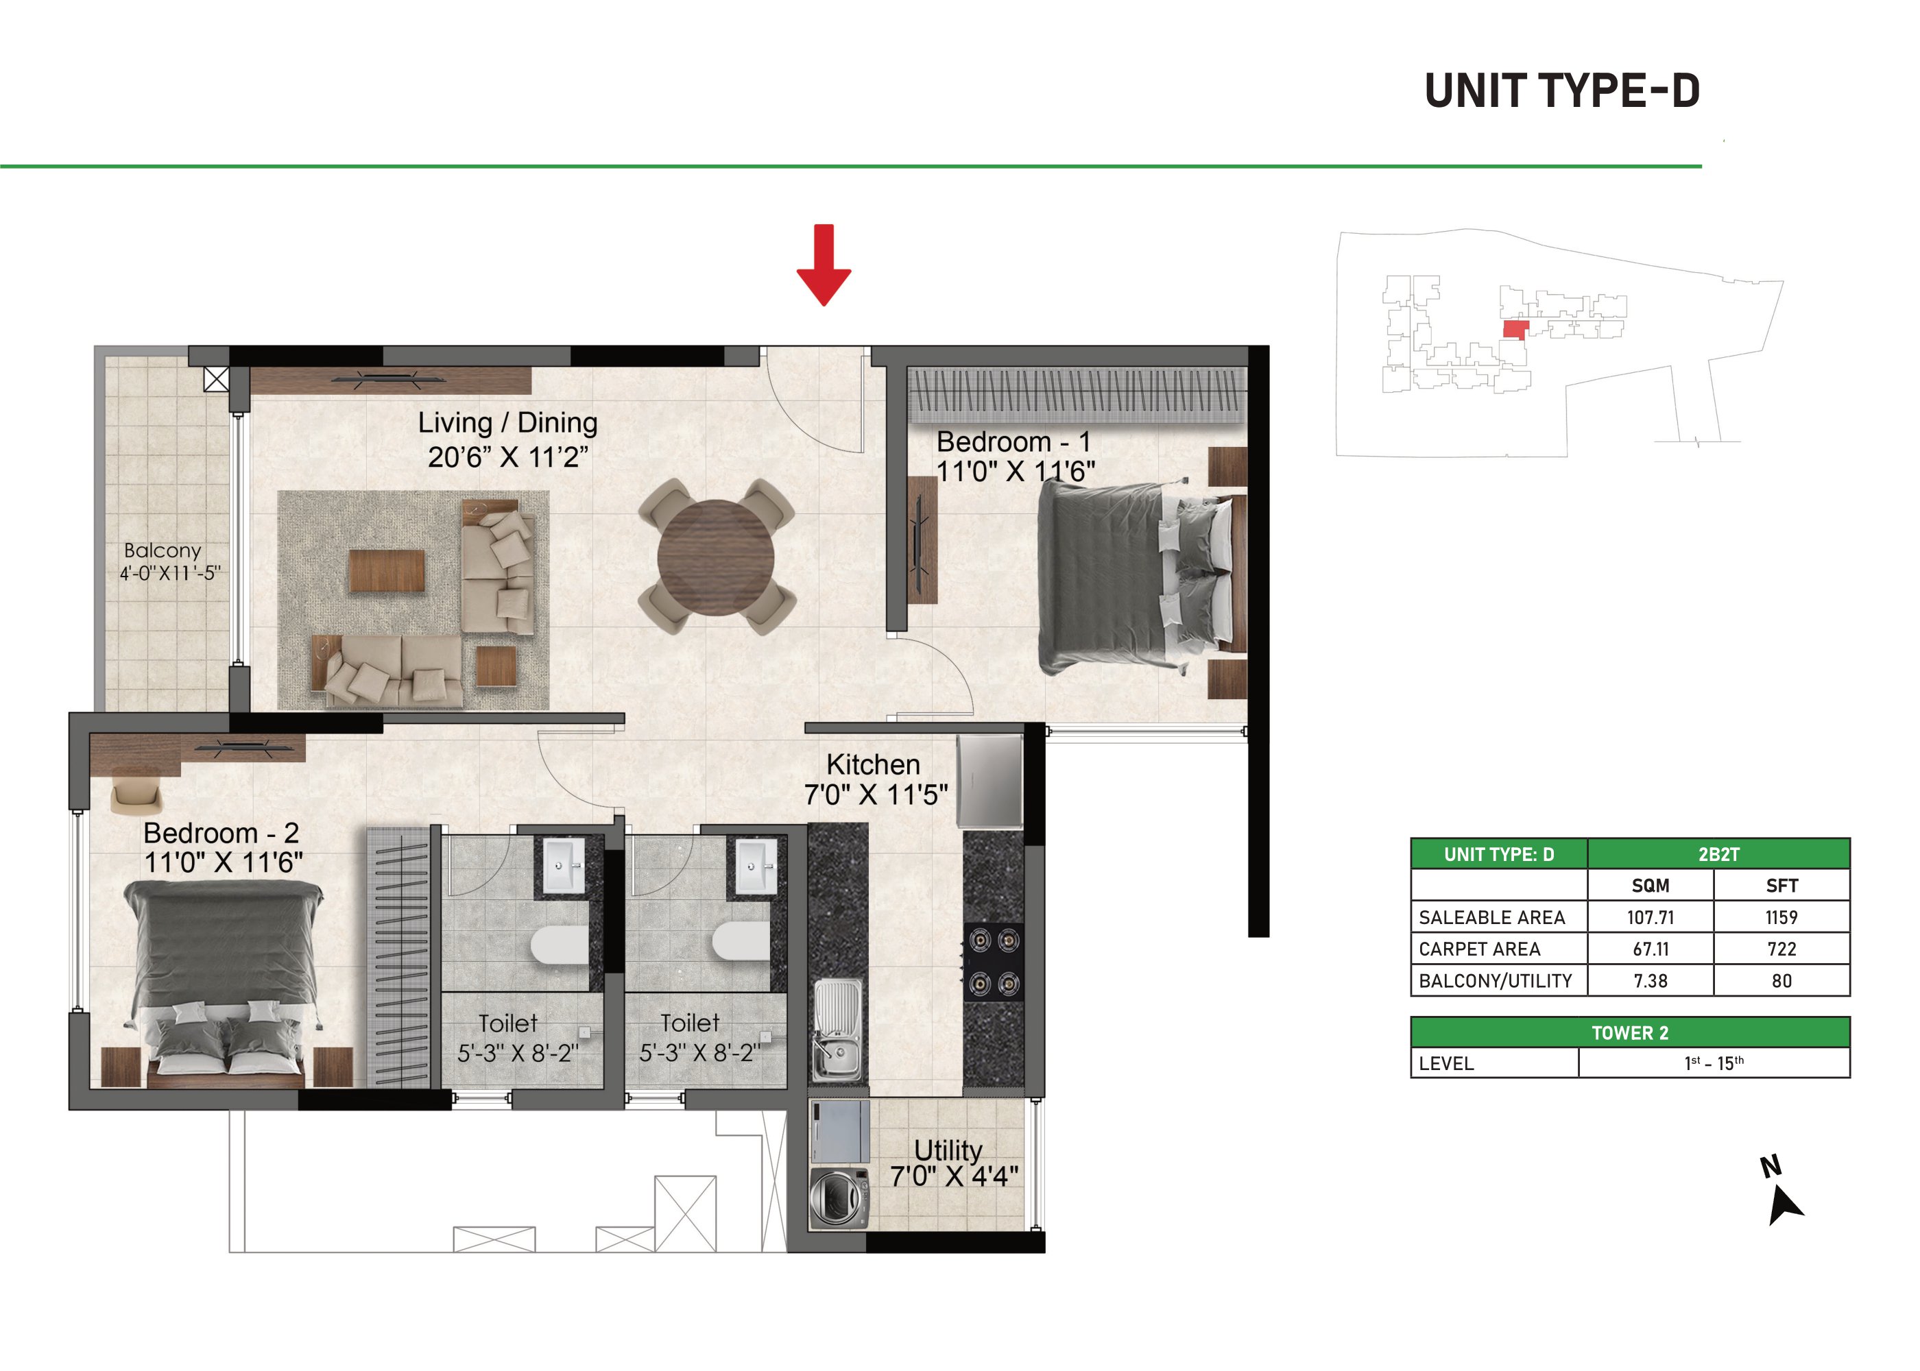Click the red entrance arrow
coord(824,264)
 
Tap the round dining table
coord(715,557)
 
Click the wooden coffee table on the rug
coord(387,571)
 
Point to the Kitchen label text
coord(873,764)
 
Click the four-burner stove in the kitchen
coord(993,962)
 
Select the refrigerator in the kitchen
coord(989,781)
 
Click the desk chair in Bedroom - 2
coord(136,795)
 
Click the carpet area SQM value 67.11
coord(1651,949)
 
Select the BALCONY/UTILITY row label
coord(1496,981)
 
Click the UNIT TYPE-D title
coord(1562,90)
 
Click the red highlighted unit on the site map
coord(1515,329)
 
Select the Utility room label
coord(948,1150)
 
